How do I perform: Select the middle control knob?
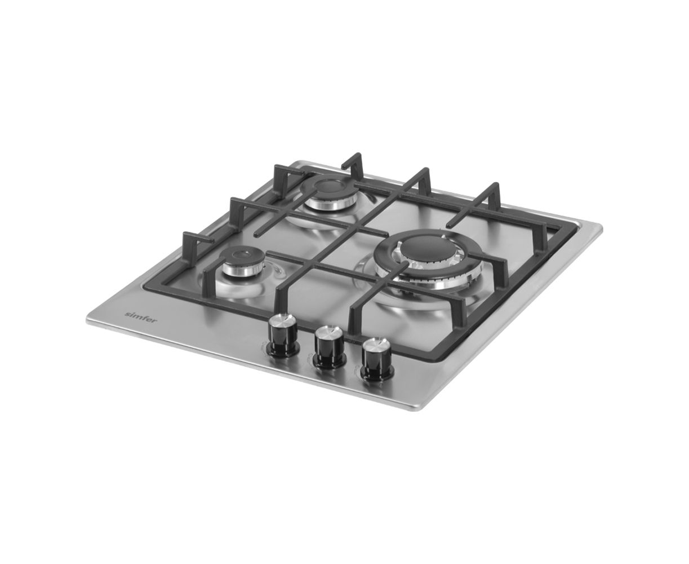(330, 346)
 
